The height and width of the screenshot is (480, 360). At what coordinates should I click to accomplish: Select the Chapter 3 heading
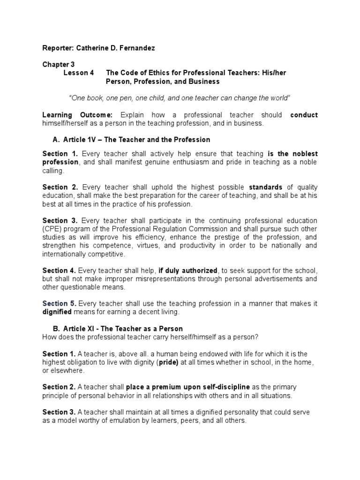(x=58, y=64)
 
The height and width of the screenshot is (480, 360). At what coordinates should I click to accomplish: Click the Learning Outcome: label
(x=77, y=115)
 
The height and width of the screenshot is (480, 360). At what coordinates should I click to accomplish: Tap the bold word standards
(x=267, y=187)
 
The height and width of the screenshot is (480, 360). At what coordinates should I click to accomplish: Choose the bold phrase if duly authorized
(x=188, y=270)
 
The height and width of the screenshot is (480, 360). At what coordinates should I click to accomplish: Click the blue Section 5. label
(x=60, y=304)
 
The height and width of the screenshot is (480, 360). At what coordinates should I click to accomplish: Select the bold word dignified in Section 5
(x=57, y=312)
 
